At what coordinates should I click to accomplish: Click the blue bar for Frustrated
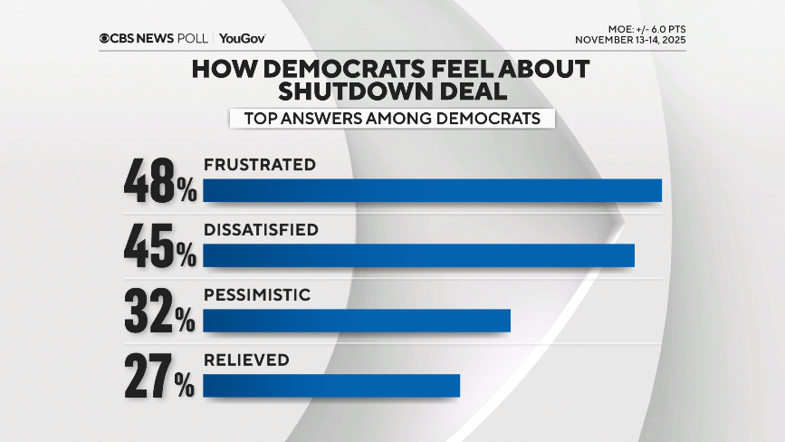pyautogui.click(x=432, y=190)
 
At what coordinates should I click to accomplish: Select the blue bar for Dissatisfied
pyautogui.click(x=418, y=255)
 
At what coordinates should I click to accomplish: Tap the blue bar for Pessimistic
pyautogui.click(x=357, y=321)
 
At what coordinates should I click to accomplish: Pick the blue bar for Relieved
pyautogui.click(x=331, y=386)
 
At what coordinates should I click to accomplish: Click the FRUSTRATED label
pyautogui.click(x=259, y=165)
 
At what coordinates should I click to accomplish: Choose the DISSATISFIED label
pyautogui.click(x=261, y=230)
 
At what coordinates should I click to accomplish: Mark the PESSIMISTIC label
pyautogui.click(x=257, y=295)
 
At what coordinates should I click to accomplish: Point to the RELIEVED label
pyautogui.click(x=246, y=360)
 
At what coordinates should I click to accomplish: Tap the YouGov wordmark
pyautogui.click(x=242, y=38)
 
